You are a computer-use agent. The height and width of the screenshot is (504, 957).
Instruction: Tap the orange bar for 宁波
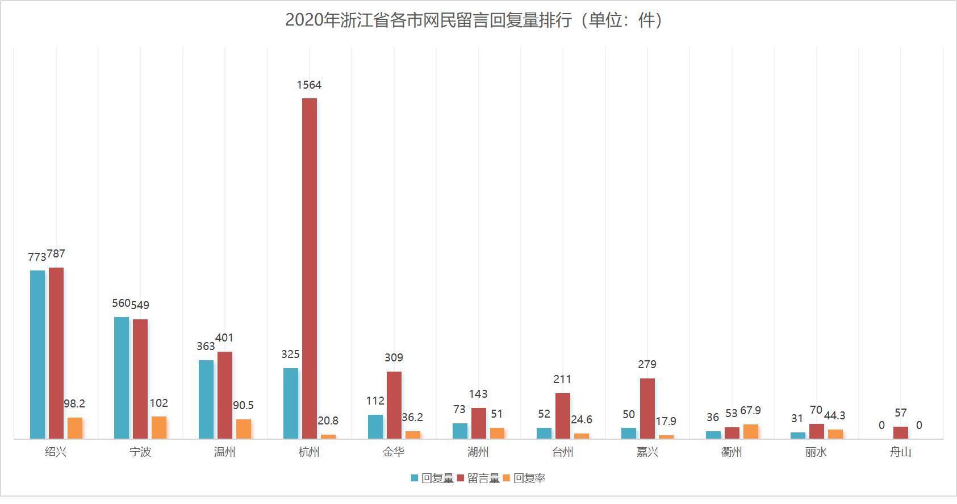click(159, 427)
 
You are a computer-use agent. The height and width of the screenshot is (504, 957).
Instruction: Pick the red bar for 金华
click(394, 405)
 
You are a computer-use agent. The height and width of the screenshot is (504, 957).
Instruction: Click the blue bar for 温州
click(206, 399)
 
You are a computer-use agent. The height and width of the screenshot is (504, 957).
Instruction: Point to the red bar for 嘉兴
click(647, 408)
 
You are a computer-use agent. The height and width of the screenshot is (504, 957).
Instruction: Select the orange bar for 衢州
click(751, 431)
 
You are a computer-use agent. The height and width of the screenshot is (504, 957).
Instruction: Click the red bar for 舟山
click(901, 432)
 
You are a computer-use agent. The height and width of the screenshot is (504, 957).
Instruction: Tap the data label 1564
click(309, 85)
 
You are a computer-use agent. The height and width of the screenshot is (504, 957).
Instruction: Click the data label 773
click(37, 257)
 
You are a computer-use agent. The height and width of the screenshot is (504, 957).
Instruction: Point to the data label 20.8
click(328, 421)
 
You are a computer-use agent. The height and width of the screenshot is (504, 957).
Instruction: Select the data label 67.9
click(750, 411)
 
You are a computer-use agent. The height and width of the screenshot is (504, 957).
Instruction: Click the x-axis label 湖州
click(478, 452)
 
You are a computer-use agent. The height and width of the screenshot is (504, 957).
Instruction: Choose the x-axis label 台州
click(563, 452)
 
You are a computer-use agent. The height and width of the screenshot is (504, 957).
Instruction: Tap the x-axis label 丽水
click(816, 452)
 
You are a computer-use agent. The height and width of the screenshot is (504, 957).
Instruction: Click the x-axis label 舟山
click(901, 452)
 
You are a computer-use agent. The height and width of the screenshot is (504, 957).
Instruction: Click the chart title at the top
click(474, 20)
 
